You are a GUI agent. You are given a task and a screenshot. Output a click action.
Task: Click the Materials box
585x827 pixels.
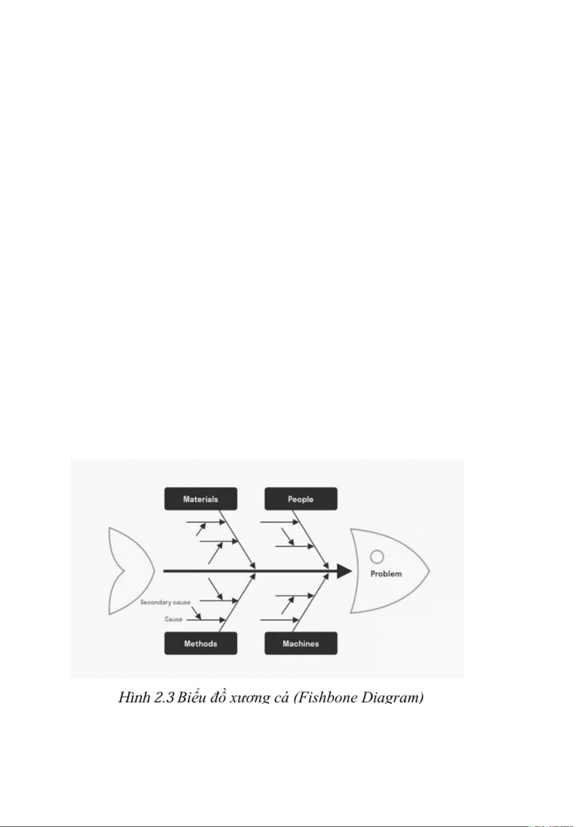[x=201, y=499]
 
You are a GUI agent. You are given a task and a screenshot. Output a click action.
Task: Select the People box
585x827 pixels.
[x=301, y=499]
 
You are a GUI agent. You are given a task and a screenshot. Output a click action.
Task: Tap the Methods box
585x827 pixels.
[x=201, y=643]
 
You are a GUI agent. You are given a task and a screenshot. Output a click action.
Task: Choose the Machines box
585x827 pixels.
[x=301, y=643]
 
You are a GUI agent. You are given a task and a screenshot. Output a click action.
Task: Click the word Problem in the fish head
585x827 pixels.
[x=386, y=574]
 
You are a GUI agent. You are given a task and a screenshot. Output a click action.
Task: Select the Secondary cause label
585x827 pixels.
[x=165, y=602]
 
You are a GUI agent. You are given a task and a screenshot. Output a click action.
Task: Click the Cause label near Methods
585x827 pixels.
[x=173, y=619]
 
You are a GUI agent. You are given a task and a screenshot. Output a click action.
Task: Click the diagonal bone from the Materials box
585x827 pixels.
[x=237, y=539]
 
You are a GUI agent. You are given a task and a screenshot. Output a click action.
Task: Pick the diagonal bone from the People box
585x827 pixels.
[x=310, y=539]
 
